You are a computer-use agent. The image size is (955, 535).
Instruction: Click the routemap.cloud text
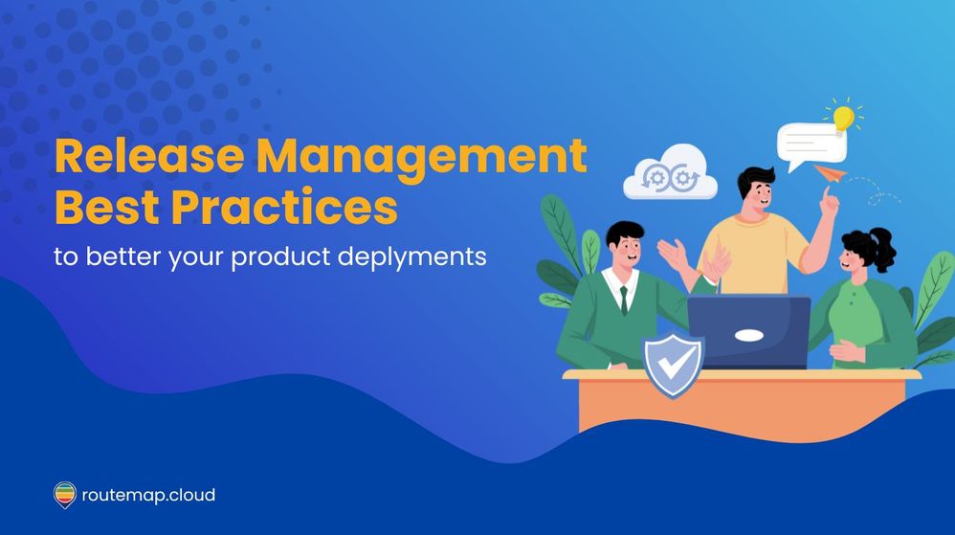(148, 495)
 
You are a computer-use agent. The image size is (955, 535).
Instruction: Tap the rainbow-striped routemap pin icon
(64, 495)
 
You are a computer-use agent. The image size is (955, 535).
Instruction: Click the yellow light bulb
(843, 118)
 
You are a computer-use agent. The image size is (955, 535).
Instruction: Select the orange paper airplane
(831, 173)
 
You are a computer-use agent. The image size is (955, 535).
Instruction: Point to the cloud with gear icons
(670, 173)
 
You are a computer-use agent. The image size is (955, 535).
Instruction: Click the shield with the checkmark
(673, 364)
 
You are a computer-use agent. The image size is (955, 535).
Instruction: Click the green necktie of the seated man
(623, 299)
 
